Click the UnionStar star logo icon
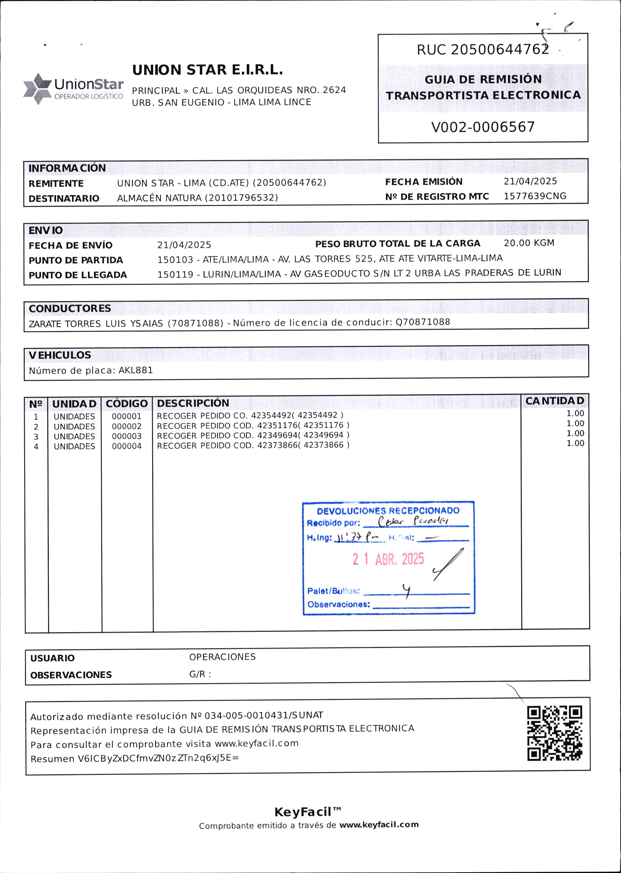37,89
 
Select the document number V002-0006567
483,127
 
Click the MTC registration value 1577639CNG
535,196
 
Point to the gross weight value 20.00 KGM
529,243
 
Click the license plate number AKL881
136,370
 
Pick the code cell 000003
127,436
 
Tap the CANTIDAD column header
554,401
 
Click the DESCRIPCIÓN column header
193,403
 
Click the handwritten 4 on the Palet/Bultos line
407,591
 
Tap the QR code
554,733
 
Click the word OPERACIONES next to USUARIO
222,657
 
